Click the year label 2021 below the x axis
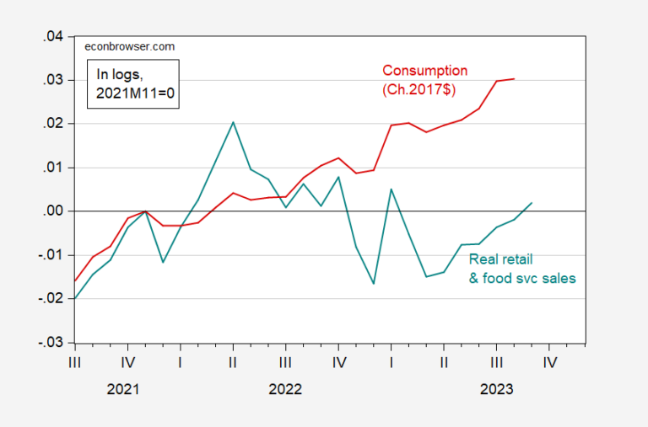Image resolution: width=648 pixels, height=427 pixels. click(x=127, y=391)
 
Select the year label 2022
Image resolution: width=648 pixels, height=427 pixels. click(x=284, y=391)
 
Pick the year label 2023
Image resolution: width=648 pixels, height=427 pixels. click(x=495, y=391)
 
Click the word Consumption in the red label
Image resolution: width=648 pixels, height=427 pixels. click(x=425, y=70)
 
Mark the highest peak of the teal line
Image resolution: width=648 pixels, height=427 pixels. click(x=233, y=122)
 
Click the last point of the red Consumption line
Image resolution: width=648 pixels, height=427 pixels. click(x=515, y=79)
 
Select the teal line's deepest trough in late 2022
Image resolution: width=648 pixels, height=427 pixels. click(x=373, y=283)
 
